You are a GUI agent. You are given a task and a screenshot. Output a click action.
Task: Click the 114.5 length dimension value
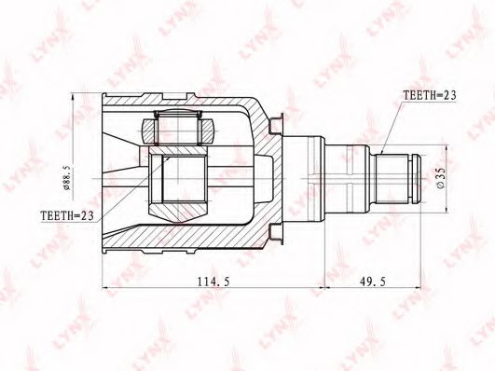click(213, 281)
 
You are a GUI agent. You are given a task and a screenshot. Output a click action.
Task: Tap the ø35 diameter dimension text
click(441, 178)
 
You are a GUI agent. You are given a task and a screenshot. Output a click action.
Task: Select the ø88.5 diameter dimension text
click(66, 177)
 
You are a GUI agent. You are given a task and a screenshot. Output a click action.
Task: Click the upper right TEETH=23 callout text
click(430, 95)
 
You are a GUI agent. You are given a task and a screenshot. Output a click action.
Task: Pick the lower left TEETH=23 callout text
click(67, 216)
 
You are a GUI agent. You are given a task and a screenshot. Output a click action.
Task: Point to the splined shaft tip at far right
click(417, 178)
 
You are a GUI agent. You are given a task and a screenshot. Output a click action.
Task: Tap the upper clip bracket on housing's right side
click(276, 125)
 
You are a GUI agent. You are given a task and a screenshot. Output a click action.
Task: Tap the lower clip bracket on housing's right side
click(276, 233)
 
